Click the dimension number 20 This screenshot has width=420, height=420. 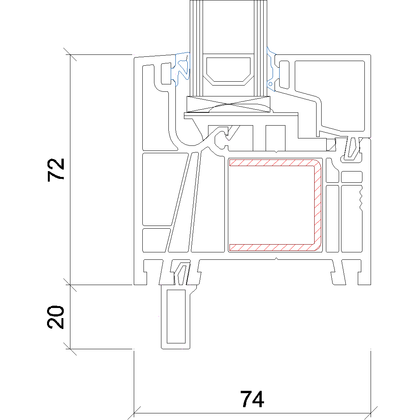[56, 317]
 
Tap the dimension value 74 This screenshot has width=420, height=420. [252, 399]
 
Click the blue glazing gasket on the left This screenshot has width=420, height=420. [182, 69]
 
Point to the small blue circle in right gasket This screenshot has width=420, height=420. [270, 84]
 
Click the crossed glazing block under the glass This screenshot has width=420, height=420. [229, 104]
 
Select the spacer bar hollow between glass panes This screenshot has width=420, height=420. [228, 70]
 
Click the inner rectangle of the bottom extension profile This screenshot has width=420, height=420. [176, 316]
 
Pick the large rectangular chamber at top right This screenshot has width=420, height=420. [330, 96]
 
